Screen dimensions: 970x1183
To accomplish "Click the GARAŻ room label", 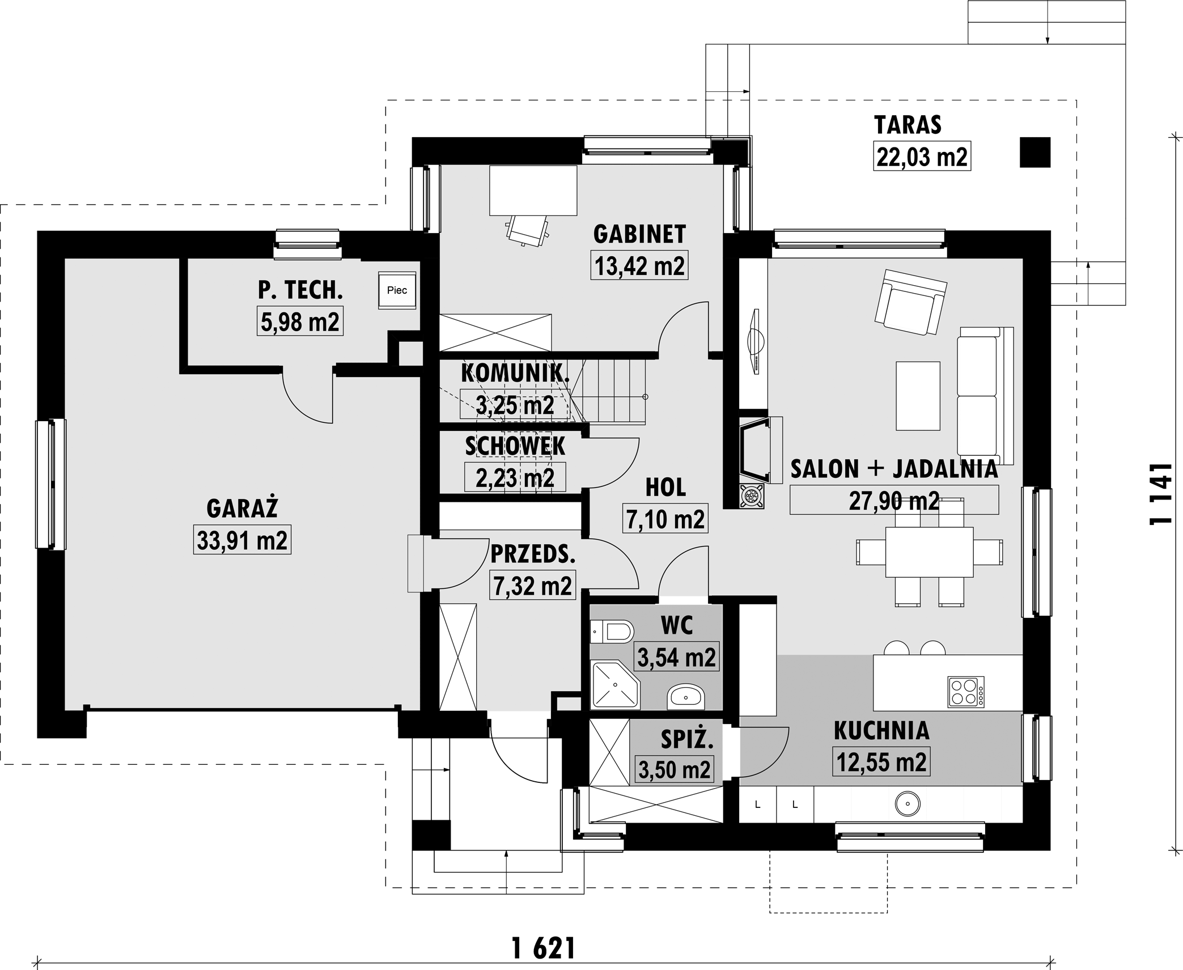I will pyautogui.click(x=242, y=508).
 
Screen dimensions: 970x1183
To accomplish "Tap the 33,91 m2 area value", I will pyautogui.click(x=242, y=540).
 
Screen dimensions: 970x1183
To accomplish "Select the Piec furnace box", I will pyautogui.click(x=397, y=290).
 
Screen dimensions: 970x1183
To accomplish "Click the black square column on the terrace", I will pyautogui.click(x=1035, y=153).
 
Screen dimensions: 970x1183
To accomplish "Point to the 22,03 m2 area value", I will pyautogui.click(x=922, y=156).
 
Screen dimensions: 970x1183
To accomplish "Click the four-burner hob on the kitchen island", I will pyautogui.click(x=966, y=692).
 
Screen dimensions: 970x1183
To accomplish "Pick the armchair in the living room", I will pyautogui.click(x=909, y=302).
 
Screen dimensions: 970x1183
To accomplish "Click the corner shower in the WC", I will pyautogui.click(x=614, y=685).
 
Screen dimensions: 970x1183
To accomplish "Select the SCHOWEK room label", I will pyautogui.click(x=515, y=446).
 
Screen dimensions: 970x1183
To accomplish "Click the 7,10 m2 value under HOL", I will pyautogui.click(x=665, y=519).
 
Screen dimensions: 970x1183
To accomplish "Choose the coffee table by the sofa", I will pyautogui.click(x=918, y=396).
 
